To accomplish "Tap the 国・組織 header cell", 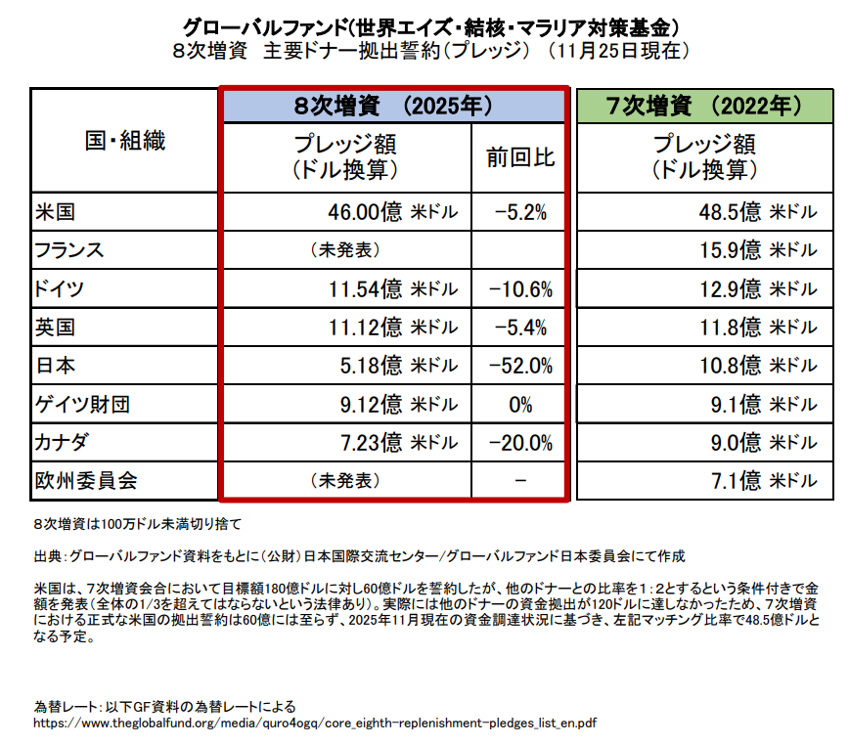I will pyautogui.click(x=125, y=141).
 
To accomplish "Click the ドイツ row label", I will pyautogui.click(x=59, y=288).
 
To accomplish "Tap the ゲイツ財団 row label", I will pyautogui.click(x=75, y=404).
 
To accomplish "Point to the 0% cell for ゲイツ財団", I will pyautogui.click(x=520, y=404).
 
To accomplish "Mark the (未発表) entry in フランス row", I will pyautogui.click(x=344, y=249).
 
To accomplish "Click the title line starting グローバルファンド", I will pyautogui.click(x=424, y=23).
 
